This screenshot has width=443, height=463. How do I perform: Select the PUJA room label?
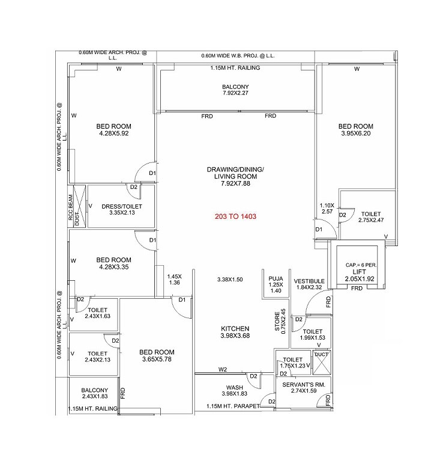pyautogui.click(x=276, y=278)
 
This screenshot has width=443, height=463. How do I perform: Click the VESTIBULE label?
pyautogui.click(x=309, y=281)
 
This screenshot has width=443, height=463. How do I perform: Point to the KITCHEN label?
pyautogui.click(x=235, y=328)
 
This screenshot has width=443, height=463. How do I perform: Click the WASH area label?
pyautogui.click(x=234, y=387)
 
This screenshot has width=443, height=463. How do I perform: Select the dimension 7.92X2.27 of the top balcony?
pyautogui.click(x=235, y=94)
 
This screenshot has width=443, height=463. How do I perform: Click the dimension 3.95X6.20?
pyautogui.click(x=355, y=134)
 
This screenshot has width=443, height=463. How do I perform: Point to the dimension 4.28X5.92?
pyautogui.click(x=113, y=134)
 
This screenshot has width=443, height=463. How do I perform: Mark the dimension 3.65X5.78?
pyautogui.click(x=156, y=360)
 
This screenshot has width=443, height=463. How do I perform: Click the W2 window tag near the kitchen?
pyautogui.click(x=223, y=369)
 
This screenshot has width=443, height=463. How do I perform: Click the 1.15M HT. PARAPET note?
pyautogui.click(x=233, y=406)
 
